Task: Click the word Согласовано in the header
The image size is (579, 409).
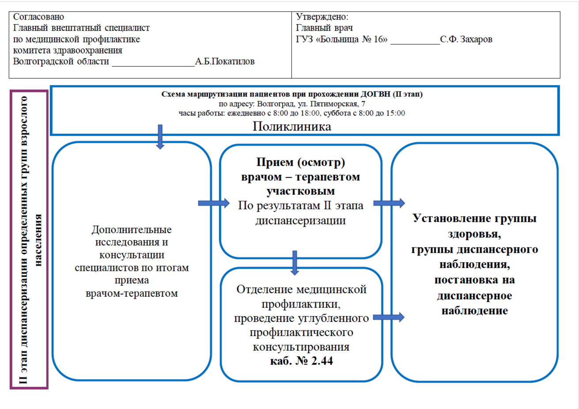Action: (38, 17)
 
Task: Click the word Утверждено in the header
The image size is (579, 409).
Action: (322, 17)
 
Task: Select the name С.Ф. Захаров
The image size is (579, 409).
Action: (466, 39)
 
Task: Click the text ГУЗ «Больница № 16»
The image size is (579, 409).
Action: (341, 39)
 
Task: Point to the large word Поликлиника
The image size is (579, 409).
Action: (291, 127)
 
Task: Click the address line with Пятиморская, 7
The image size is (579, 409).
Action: (292, 104)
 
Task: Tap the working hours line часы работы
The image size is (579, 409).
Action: (291, 113)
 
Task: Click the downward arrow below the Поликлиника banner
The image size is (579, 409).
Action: (160, 137)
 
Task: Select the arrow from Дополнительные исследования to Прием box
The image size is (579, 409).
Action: (214, 203)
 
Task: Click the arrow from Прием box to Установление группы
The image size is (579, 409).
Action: (389, 203)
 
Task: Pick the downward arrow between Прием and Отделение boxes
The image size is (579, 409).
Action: (295, 263)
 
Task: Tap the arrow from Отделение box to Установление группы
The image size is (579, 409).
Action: (389, 317)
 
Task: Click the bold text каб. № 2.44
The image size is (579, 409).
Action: (301, 361)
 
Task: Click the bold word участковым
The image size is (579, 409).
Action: (300, 191)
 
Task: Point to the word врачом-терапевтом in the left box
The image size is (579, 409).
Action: (132, 293)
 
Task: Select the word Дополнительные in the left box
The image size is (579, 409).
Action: (132, 230)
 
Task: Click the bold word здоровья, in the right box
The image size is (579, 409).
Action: (474, 234)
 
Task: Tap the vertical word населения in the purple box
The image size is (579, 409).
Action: (38, 240)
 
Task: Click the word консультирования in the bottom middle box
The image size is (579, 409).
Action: (301, 347)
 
